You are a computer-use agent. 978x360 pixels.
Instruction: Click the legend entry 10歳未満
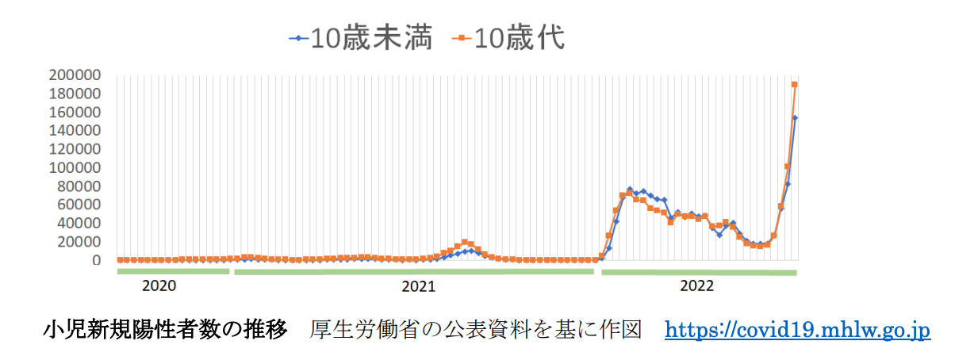point(362,38)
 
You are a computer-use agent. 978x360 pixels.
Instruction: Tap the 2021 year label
point(417,285)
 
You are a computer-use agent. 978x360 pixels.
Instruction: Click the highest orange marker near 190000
point(794,85)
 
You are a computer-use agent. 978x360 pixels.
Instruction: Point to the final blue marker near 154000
point(795,118)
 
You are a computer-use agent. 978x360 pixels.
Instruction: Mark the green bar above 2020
point(173,271)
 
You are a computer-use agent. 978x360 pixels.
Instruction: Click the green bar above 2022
point(698,272)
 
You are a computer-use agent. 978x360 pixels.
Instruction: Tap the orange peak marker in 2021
point(464,242)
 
